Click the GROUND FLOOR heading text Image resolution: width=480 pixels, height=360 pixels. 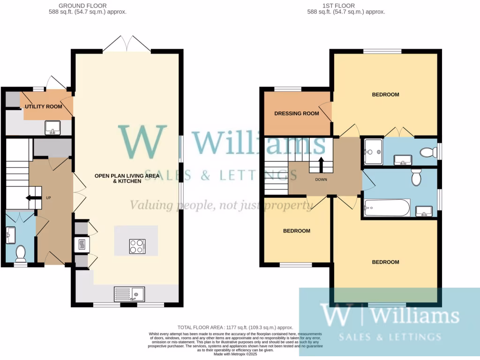(x=89, y=6)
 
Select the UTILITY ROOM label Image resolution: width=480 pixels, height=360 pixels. (x=44, y=106)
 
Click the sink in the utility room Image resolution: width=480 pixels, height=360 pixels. (x=52, y=127)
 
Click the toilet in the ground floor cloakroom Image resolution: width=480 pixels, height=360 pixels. (x=20, y=254)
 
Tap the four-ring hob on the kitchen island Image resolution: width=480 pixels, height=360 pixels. (x=137, y=246)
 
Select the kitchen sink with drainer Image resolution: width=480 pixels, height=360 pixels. (x=129, y=294)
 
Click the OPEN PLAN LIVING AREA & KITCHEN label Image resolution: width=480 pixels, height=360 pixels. (x=127, y=178)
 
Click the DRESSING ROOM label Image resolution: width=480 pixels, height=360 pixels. (x=296, y=113)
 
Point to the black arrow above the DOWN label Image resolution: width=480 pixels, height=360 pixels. (x=322, y=165)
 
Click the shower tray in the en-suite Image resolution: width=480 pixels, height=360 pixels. (x=373, y=151)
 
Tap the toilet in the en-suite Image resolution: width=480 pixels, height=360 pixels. (x=426, y=152)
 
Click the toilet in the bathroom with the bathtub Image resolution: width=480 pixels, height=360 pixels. (x=415, y=178)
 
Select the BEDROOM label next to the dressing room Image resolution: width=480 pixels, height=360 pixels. (x=385, y=95)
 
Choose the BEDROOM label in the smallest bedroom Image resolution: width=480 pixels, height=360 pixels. (x=296, y=231)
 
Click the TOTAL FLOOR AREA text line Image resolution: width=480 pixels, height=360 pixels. (x=235, y=327)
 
